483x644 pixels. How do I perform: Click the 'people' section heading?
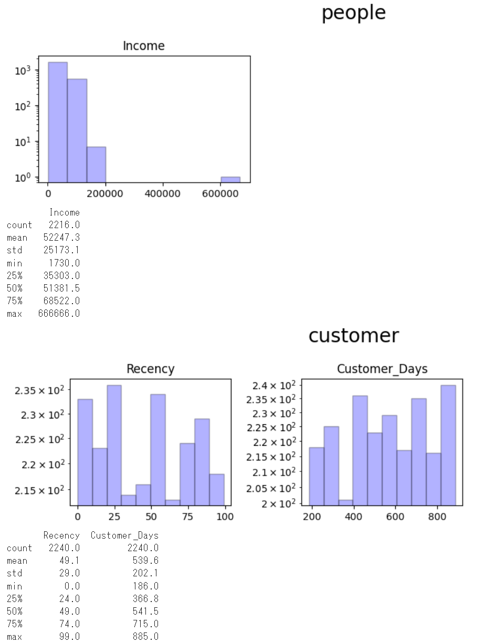click(x=353, y=13)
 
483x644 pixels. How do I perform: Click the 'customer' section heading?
click(x=353, y=335)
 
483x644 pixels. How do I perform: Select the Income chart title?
click(x=143, y=46)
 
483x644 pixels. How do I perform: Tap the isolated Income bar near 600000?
click(x=230, y=179)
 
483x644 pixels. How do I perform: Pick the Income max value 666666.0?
click(x=59, y=314)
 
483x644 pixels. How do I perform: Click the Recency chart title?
click(x=150, y=369)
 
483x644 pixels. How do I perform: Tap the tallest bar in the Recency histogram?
click(x=114, y=445)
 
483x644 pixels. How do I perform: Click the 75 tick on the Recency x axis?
click(x=187, y=517)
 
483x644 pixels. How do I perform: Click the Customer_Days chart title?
click(x=382, y=369)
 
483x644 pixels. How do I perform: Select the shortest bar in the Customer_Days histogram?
click(x=345, y=502)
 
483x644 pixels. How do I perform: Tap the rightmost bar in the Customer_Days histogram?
click(x=448, y=445)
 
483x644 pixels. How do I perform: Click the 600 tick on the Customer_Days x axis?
click(x=395, y=517)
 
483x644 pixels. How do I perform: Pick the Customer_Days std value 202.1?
click(x=145, y=574)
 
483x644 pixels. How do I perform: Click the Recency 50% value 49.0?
click(x=69, y=611)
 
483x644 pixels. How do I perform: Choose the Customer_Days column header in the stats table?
click(x=124, y=536)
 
